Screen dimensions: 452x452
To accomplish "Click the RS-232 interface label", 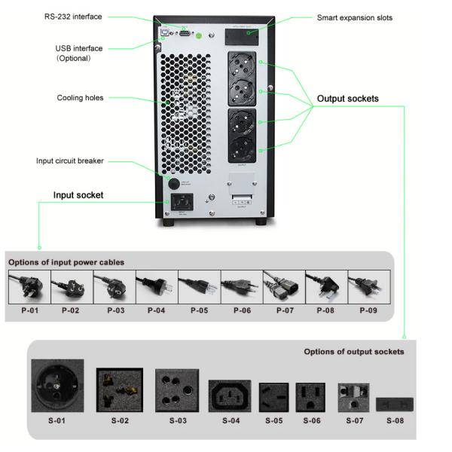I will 73,16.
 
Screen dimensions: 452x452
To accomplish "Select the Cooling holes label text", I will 80,98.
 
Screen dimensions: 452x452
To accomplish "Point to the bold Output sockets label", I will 347,99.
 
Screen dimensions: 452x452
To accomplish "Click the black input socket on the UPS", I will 182,201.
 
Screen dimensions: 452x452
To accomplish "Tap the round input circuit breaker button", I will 173,183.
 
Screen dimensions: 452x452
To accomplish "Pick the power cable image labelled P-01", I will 29,287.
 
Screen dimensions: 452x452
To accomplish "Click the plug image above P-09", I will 367,287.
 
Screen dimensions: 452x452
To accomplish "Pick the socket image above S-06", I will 310,396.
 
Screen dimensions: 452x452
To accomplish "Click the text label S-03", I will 177,420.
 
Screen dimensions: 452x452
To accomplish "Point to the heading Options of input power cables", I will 66,262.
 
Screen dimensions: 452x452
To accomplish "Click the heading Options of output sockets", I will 353,352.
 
